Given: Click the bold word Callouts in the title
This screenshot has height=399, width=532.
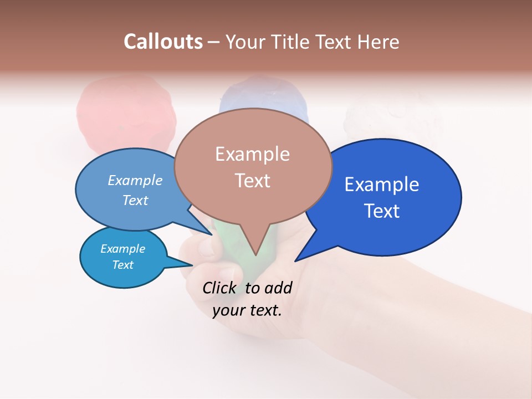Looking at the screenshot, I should pos(163,42).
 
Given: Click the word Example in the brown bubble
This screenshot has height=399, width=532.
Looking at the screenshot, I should pos(252,154).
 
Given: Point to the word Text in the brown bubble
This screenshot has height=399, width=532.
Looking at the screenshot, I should pos(252,180).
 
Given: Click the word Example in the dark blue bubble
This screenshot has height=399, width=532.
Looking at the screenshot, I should pos(382,185).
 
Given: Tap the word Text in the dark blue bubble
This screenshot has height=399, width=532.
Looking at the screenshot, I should pos(382,211).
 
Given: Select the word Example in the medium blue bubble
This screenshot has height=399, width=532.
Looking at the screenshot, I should pos(135,181).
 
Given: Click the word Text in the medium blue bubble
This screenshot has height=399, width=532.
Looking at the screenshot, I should pos(135,200).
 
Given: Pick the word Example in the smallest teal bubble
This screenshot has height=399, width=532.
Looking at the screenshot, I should pos(122,249).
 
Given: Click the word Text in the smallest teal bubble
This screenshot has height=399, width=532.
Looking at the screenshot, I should pos(122,265).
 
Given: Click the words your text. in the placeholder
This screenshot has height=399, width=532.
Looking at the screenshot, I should pos(247,310).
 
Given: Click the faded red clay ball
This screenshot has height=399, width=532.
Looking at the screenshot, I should pos(126,114).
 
